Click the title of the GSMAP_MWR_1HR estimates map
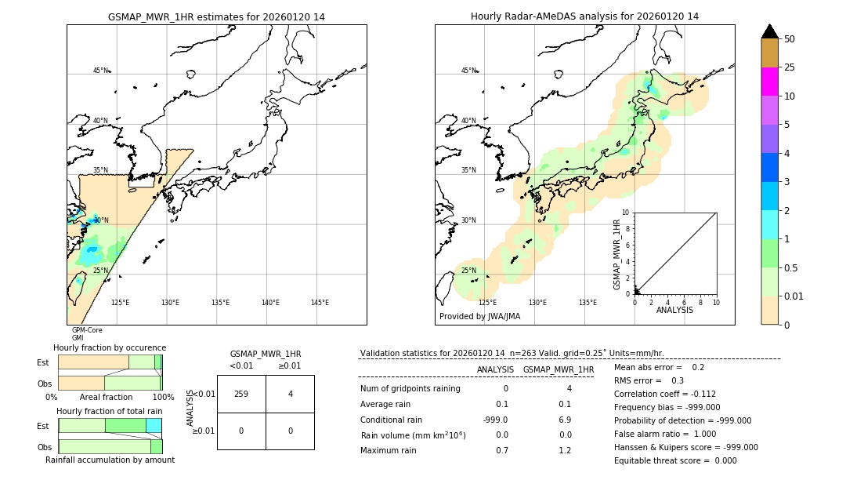[216, 16]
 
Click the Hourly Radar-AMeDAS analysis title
[584, 16]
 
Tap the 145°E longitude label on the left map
[320, 303]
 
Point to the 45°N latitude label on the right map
[468, 71]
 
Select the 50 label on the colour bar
[790, 39]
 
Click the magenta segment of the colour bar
[769, 82]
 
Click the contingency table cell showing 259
[241, 394]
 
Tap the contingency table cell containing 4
[290, 394]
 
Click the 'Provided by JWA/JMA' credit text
[479, 317]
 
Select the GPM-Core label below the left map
[87, 330]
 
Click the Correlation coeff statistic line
[664, 394]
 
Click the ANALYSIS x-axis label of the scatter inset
[674, 310]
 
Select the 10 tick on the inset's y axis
[626, 213]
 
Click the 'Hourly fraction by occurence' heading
[110, 347]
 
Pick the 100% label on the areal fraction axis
[163, 397]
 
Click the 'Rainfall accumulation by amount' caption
[110, 460]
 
